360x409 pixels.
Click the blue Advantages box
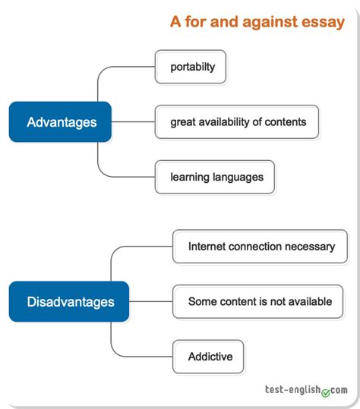pyautogui.click(x=60, y=122)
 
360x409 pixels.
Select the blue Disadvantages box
pyautogui.click(x=69, y=301)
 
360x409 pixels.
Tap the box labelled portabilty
pyautogui.click(x=191, y=67)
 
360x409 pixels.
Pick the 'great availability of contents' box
pyautogui.click(x=237, y=122)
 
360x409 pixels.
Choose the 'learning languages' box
pyautogui.click(x=215, y=177)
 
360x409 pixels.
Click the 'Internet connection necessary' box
pyautogui.click(x=260, y=247)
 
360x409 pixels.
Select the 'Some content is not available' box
pyautogui.click(x=258, y=301)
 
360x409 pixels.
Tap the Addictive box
pyautogui.click(x=208, y=357)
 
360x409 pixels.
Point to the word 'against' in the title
pyautogui.click(x=270, y=22)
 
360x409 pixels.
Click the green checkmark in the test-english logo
pyautogui.click(x=326, y=392)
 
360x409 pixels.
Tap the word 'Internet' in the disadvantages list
pyautogui.click(x=207, y=247)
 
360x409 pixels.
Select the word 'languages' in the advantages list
pyautogui.click(x=238, y=178)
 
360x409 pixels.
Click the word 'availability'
pyautogui.click(x=224, y=122)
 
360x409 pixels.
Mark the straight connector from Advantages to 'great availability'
pyautogui.click(x=133, y=122)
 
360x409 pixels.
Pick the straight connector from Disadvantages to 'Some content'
pyautogui.click(x=151, y=301)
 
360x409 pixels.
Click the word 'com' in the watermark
pyautogui.click(x=339, y=390)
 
